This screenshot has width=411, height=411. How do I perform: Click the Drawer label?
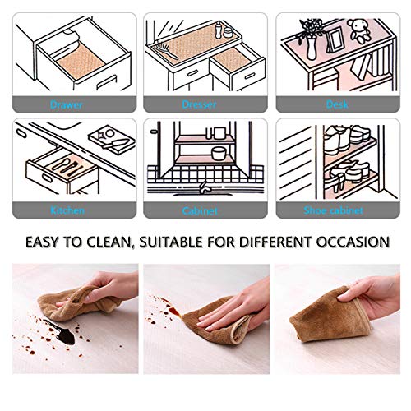[x=66, y=106]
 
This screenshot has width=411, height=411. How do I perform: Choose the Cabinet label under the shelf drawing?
[x=201, y=211]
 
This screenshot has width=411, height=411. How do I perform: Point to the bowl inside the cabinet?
[x=218, y=153]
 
